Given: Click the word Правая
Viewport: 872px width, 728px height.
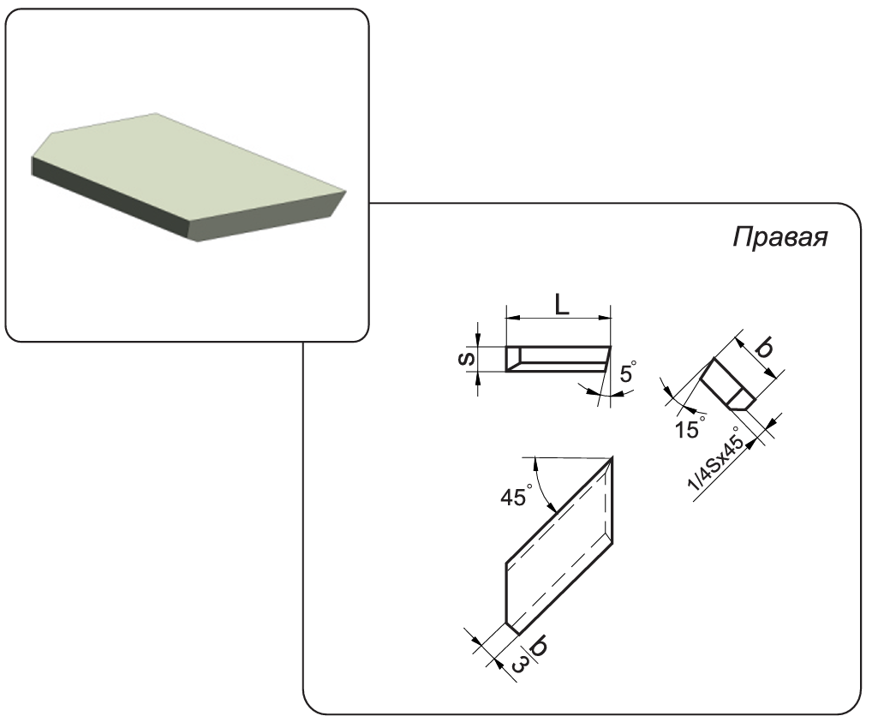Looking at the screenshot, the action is [779, 238].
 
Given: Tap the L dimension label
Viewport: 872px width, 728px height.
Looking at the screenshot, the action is [562, 305].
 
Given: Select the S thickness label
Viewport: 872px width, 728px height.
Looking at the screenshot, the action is [467, 359].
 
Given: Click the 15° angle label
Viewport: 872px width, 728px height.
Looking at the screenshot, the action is [689, 427].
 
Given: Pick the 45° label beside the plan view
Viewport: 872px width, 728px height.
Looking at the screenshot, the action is [517, 495].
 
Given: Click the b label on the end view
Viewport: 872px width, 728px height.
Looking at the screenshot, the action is [765, 349].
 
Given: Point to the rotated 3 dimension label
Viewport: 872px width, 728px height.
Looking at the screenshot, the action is [519, 664].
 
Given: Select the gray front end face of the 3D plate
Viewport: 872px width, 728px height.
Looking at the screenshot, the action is [264, 218].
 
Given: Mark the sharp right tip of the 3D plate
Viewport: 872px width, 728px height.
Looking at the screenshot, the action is [345, 192].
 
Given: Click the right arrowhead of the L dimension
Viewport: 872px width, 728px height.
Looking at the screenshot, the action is [605, 318].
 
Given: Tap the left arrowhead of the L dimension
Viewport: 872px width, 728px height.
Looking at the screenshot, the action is [513, 318].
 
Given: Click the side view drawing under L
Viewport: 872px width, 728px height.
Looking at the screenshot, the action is [558, 359].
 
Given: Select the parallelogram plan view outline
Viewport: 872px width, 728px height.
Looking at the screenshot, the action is [558, 546].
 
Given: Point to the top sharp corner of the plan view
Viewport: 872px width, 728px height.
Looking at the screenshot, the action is [612, 457].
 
